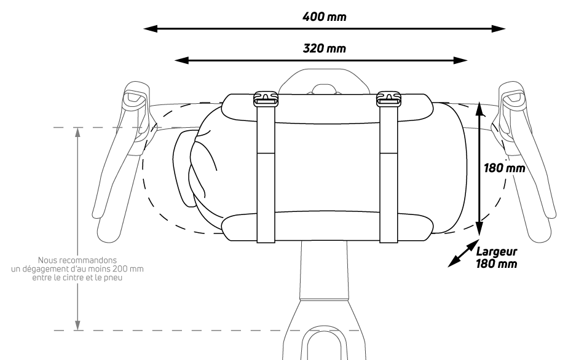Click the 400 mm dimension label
point(324,16)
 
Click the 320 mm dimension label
point(324,47)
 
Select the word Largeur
point(497,251)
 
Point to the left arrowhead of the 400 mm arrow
point(148,28)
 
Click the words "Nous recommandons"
point(77,260)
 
